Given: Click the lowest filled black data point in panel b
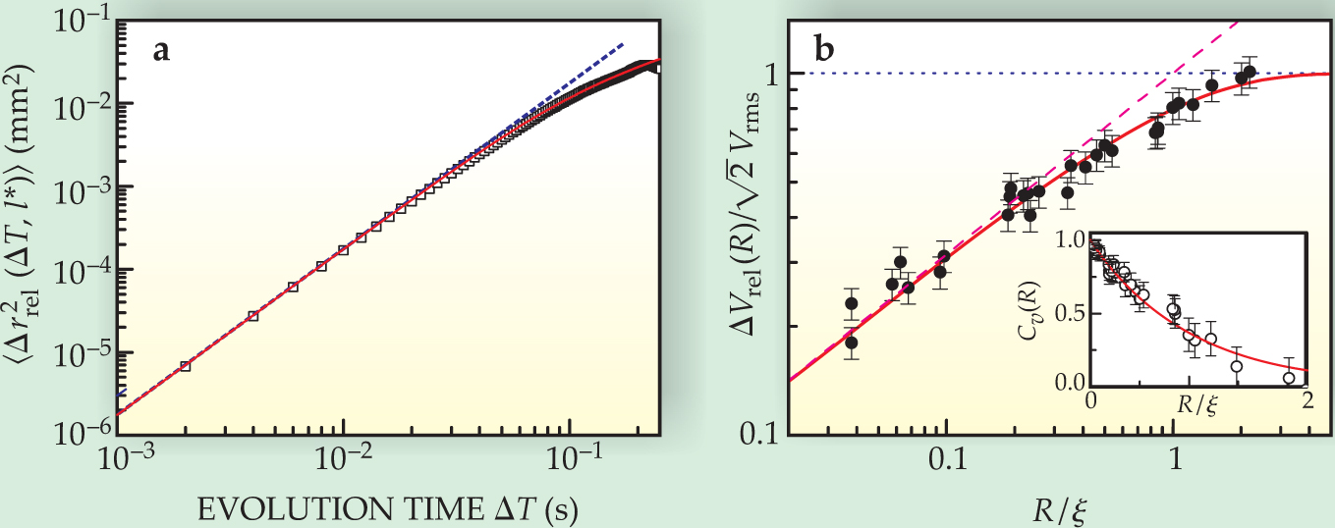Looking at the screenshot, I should click(852, 343).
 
